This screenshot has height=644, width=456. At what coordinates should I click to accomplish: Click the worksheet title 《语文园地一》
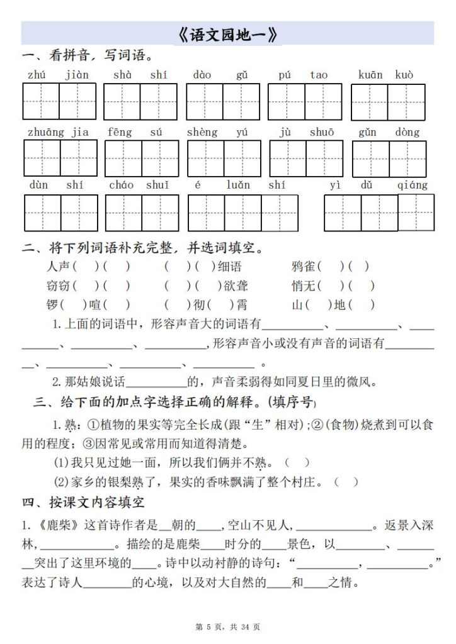(227, 35)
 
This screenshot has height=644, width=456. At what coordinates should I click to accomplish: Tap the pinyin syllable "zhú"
(37, 75)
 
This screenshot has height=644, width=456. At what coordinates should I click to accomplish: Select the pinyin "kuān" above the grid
(370, 75)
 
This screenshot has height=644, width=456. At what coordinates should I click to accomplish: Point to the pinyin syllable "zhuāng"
(45, 132)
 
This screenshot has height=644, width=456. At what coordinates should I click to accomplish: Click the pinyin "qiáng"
(413, 185)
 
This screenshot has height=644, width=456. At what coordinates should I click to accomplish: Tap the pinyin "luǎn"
(238, 185)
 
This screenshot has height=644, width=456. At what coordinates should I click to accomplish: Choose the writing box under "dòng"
(407, 158)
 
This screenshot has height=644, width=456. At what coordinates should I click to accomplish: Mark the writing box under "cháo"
(123, 213)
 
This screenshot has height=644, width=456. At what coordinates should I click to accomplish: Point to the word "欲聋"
(236, 286)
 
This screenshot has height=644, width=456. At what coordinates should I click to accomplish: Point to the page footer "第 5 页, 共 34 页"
(228, 627)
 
